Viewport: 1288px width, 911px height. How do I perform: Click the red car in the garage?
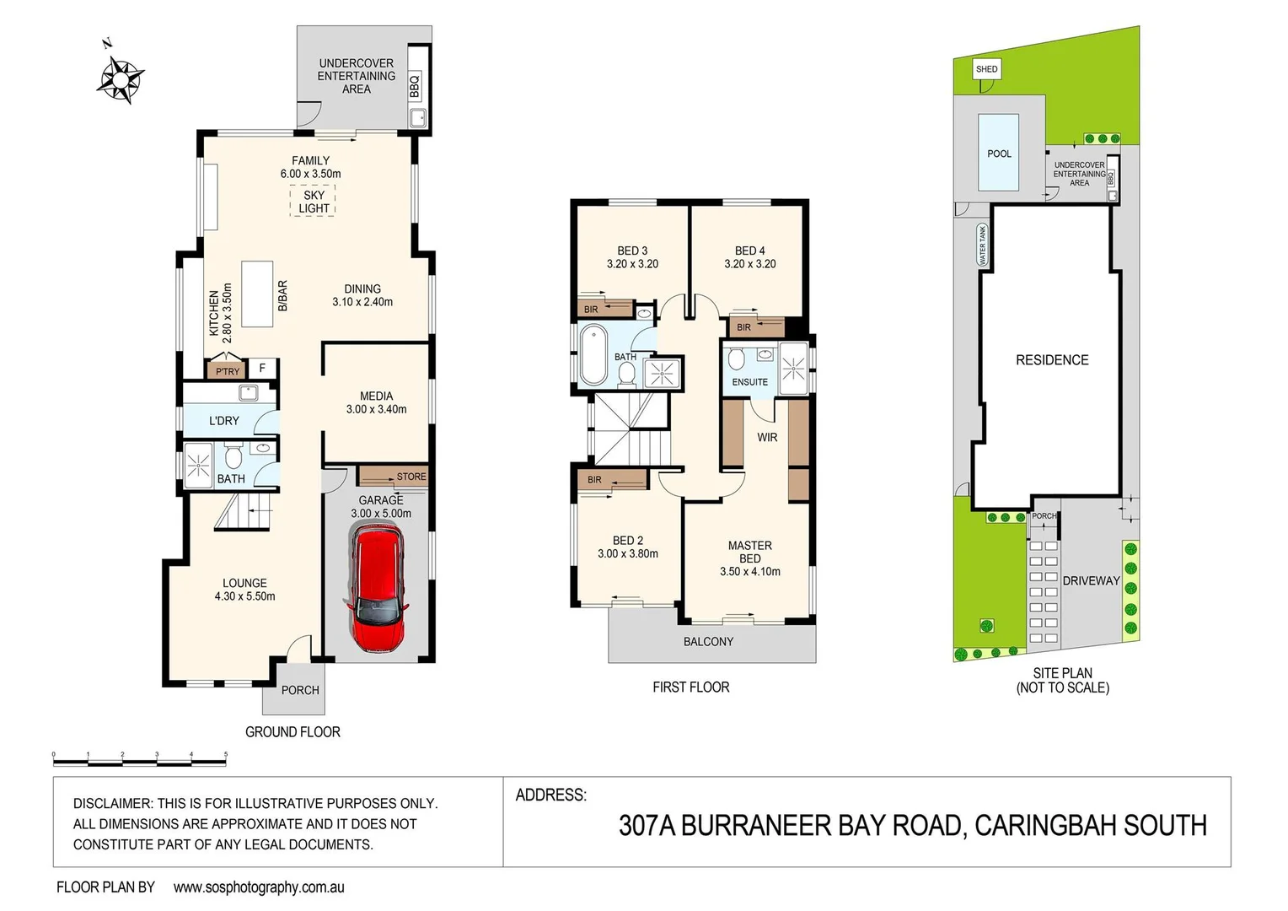[x=375, y=588]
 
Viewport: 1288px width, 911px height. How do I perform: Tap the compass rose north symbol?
[x=121, y=78]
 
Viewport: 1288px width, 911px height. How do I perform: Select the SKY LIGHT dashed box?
[x=313, y=202]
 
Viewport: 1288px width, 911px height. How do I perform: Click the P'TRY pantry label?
[x=228, y=371]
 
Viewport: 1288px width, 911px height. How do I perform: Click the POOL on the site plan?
[x=999, y=154]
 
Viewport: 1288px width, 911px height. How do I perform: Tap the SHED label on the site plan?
[x=986, y=69]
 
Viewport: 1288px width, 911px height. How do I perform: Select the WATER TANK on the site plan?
[x=982, y=245]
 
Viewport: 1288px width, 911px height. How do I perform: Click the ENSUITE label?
[x=749, y=382]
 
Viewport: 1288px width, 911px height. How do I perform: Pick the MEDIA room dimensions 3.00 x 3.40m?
[x=376, y=410]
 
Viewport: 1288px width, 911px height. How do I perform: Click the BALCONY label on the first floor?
[x=708, y=642]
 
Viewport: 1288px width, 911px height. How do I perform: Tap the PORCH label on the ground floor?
[x=300, y=690]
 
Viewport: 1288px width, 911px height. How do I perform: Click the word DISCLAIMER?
[x=112, y=804]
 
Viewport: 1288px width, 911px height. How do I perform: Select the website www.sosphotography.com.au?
[x=259, y=887]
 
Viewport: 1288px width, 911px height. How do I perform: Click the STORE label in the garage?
[x=411, y=477]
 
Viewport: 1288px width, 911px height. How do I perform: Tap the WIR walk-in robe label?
[x=767, y=437]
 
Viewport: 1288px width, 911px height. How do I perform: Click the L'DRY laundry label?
[x=224, y=420]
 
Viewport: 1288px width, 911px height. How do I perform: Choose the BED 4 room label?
[x=749, y=251]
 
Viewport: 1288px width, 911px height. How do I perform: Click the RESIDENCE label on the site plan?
[x=1052, y=360]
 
